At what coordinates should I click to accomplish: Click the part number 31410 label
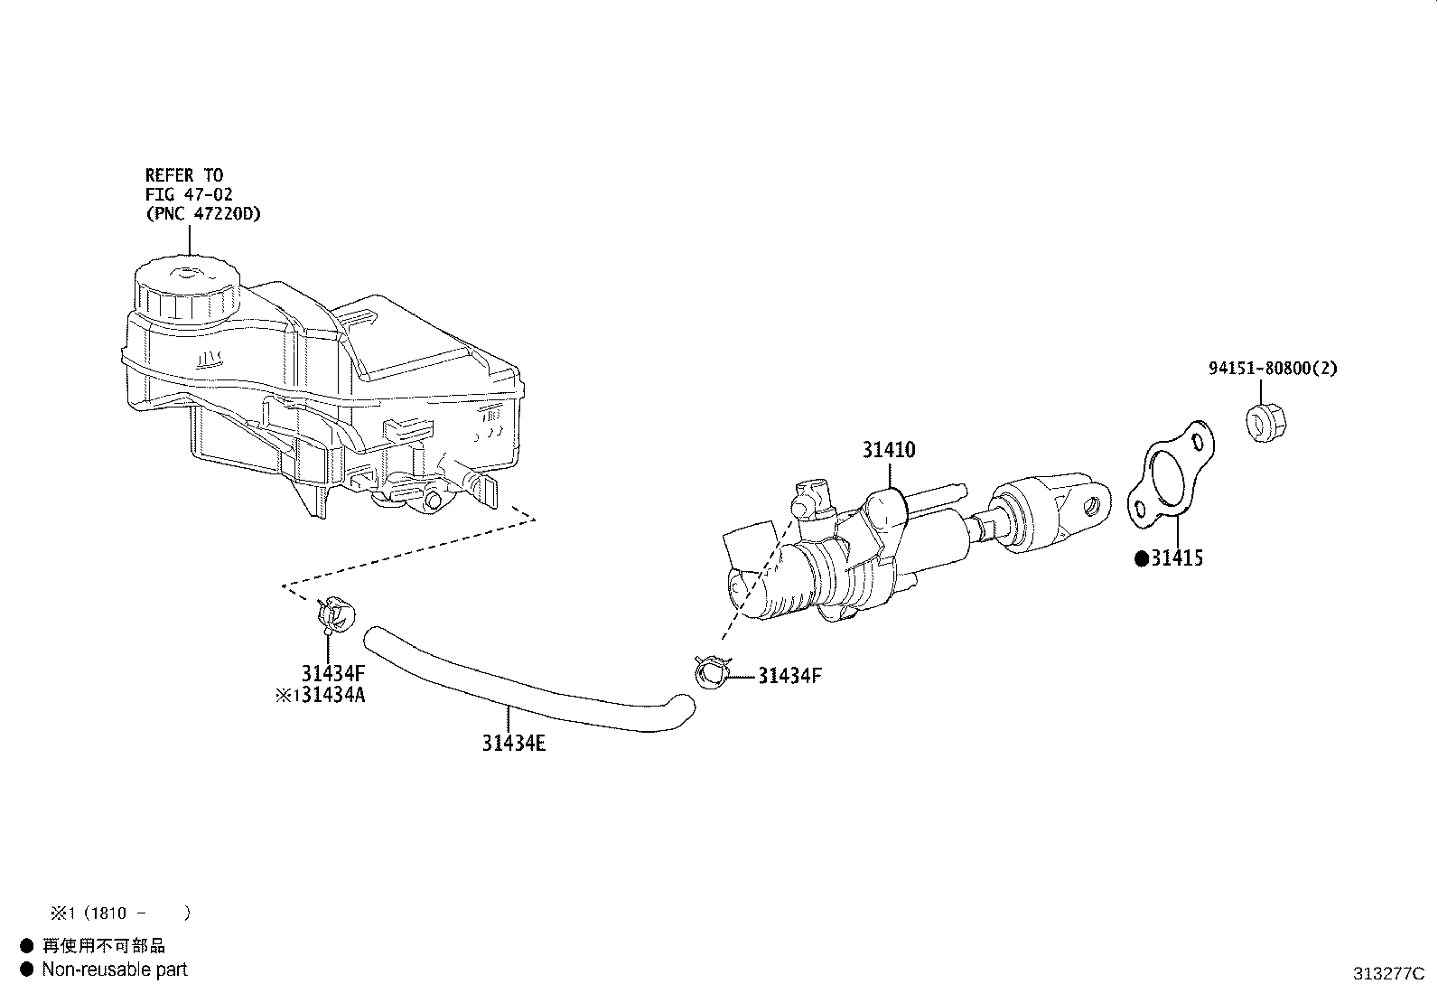(x=889, y=450)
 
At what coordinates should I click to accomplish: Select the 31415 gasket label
(x=1177, y=558)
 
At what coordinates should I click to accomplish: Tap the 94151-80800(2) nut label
(x=1273, y=368)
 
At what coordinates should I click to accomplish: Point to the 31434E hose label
(x=514, y=743)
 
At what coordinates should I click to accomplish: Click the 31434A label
(x=333, y=695)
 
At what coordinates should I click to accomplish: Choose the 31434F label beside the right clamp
(x=789, y=676)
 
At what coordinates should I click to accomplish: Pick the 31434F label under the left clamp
(x=333, y=673)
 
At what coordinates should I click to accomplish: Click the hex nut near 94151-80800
(x=1265, y=422)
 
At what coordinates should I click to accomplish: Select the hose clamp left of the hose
(x=335, y=614)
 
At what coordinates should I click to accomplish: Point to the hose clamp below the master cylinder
(x=712, y=672)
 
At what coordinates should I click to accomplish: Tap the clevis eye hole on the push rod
(x=1091, y=507)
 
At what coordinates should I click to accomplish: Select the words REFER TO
(x=184, y=175)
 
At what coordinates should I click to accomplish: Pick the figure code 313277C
(x=1388, y=974)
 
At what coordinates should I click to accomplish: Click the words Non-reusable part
(x=115, y=970)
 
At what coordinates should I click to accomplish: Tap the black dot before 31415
(x=1142, y=559)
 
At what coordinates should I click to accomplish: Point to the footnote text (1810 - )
(x=137, y=913)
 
